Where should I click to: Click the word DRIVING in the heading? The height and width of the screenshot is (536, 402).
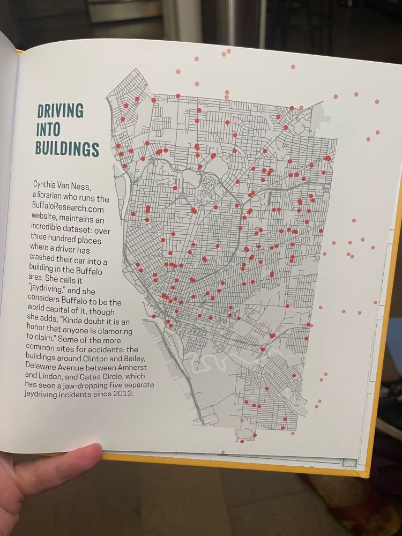[x=61, y=111]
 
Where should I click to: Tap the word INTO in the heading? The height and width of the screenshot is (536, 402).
[x=48, y=130]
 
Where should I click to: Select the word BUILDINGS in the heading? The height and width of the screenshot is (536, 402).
[x=68, y=148]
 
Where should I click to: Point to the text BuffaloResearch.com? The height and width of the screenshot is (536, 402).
[x=68, y=209]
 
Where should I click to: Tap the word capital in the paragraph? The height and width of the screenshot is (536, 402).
[x=59, y=311]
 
